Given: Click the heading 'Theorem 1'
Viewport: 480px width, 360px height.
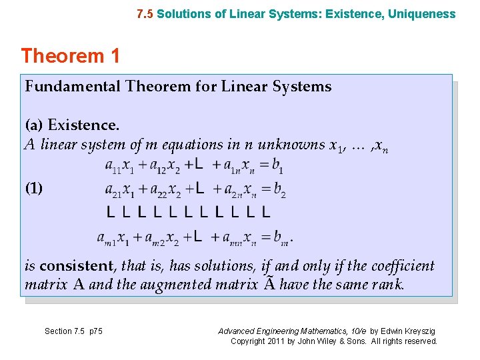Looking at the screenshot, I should (x=71, y=56).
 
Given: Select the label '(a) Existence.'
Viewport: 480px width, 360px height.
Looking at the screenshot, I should (x=72, y=125).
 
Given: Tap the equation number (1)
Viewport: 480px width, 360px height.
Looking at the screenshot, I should (x=34, y=188).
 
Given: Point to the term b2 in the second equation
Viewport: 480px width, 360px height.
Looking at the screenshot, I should (x=279, y=191).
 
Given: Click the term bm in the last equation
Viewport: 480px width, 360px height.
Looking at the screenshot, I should (x=283, y=237).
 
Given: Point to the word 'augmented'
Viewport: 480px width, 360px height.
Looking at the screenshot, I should (x=224, y=285).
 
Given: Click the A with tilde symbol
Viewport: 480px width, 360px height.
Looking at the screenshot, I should (x=268, y=284).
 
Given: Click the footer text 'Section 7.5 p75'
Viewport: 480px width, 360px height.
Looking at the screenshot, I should (x=73, y=331).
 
